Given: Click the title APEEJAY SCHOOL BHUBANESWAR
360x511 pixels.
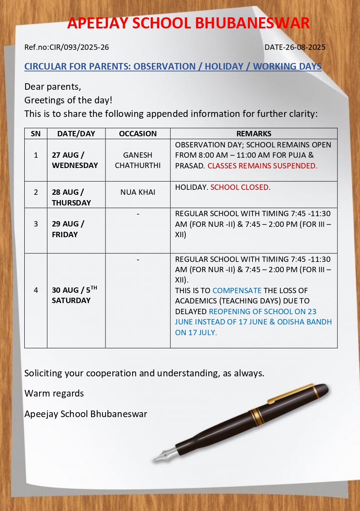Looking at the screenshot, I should point(188,23).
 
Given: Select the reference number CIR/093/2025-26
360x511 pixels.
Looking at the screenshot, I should point(79,47).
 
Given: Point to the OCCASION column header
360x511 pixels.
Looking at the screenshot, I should point(138,134).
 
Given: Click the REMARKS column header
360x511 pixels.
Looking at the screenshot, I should point(254,134).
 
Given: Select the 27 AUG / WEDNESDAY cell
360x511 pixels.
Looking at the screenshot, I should point(75,160).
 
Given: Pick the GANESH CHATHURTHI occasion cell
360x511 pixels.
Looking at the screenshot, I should point(138,160).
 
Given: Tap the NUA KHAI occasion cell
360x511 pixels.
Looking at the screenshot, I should point(138,192).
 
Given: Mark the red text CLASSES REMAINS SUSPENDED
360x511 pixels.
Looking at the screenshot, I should point(262,166).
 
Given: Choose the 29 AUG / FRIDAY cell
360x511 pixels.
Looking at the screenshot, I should point(68,229).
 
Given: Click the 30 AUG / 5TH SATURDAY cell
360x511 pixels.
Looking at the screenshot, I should point(74,295).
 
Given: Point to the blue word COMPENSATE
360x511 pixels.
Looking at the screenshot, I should point(237,291).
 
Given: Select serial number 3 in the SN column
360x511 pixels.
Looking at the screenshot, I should point(36,224).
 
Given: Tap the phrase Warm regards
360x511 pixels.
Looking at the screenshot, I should point(54,394).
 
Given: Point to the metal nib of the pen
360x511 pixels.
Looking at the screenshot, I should point(165,455).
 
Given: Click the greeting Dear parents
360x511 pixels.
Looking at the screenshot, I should point(52,87).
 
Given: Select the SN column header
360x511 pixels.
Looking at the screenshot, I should point(36,134).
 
